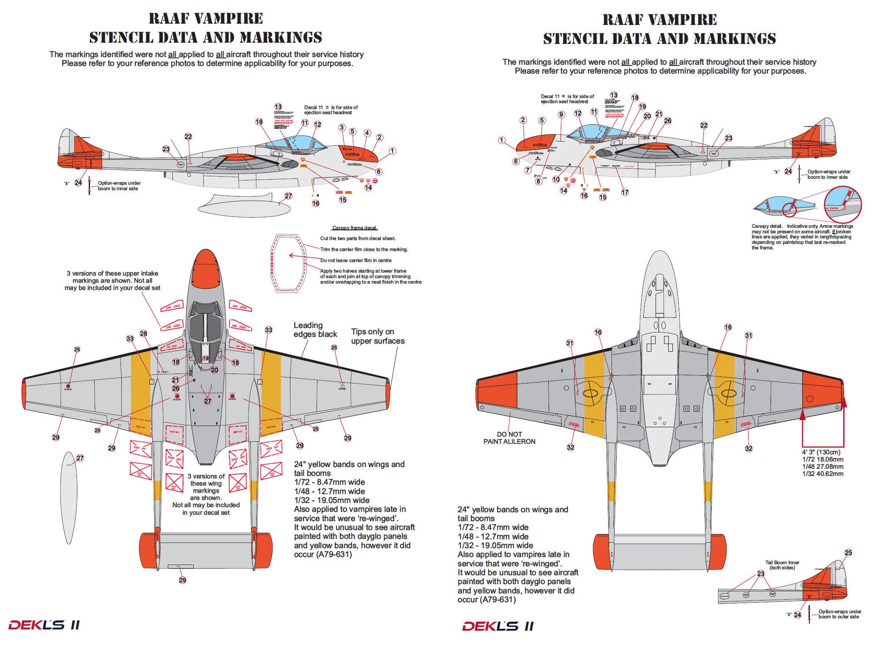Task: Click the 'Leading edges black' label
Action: [315, 330]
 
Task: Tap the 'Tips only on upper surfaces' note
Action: [377, 336]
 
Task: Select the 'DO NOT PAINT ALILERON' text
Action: [509, 438]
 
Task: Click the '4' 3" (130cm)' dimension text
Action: [821, 452]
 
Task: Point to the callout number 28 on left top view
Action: [144, 334]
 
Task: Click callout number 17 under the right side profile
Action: [625, 192]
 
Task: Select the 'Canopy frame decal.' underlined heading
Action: [355, 228]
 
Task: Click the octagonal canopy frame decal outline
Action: [288, 263]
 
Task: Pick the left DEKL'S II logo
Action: [44, 625]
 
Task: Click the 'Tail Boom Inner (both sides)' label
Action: [782, 565]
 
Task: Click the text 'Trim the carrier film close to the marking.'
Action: [364, 249]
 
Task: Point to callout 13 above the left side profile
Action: [278, 107]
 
